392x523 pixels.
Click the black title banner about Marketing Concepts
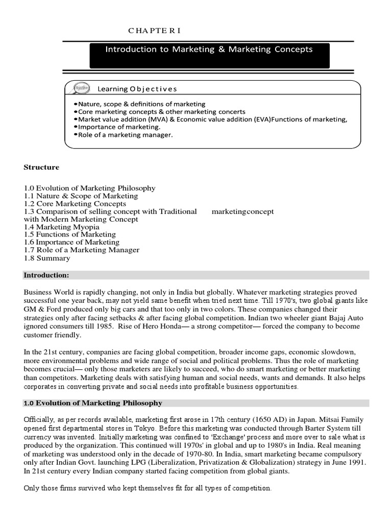pyautogui.click(x=209, y=55)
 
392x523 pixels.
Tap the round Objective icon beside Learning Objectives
pyautogui.click(x=81, y=88)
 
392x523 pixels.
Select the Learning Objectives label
pyautogui.click(x=138, y=89)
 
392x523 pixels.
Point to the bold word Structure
pyautogui.click(x=41, y=167)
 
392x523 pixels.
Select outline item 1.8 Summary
pyautogui.click(x=47, y=258)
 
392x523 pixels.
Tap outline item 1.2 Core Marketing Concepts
pyautogui.click(x=75, y=203)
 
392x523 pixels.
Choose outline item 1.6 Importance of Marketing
pyautogui.click(x=71, y=242)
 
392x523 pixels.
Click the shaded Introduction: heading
pyautogui.click(x=46, y=275)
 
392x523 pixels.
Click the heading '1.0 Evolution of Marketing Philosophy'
pyautogui.click(x=93, y=403)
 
